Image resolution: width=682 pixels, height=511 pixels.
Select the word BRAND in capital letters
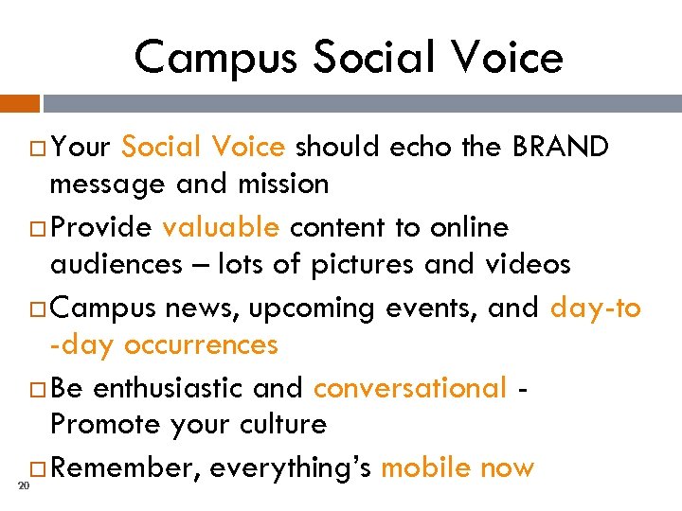click(561, 147)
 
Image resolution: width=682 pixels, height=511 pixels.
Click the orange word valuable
click(220, 228)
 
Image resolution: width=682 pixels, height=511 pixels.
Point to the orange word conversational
click(410, 388)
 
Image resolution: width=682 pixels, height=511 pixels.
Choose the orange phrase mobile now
click(458, 467)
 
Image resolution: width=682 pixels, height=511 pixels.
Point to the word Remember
click(124, 467)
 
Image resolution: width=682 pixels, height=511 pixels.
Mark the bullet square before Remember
click(39, 468)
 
